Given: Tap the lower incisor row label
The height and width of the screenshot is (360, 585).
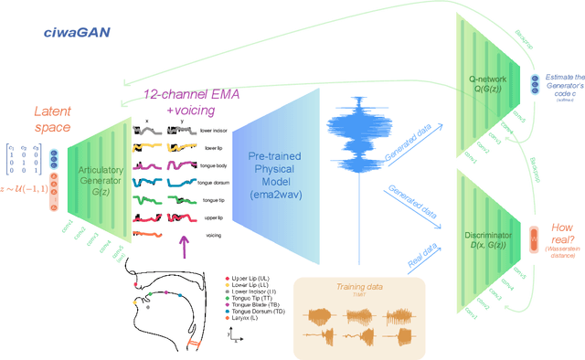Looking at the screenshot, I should point(213,131).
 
